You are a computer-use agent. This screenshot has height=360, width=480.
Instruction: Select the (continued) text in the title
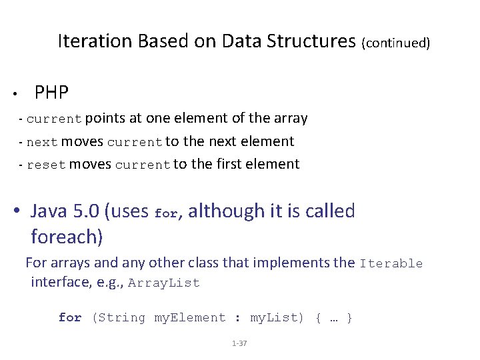395,43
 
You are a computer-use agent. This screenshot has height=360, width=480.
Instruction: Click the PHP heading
51,92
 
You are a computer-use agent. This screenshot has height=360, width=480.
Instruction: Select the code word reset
46,165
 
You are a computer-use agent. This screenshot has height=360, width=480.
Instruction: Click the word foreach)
67,237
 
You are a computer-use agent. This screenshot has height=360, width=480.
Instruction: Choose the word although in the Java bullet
227,211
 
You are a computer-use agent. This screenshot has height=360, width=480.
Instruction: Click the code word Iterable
391,263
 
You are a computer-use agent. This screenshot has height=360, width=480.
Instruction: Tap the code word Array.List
164,283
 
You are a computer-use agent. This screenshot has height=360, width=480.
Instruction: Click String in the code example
123,318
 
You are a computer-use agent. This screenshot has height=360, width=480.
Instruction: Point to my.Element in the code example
190,318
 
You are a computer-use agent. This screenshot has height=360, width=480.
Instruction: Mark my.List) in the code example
279,318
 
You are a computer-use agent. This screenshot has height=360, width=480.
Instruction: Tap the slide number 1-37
239,343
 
